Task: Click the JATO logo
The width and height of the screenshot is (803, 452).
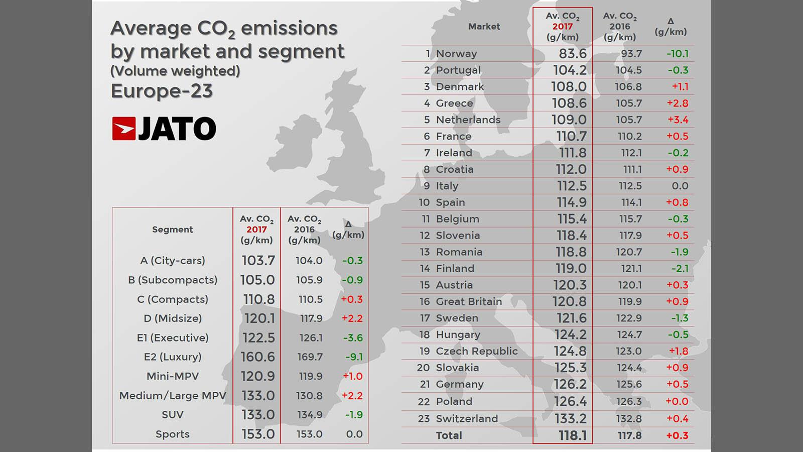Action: [x=164, y=129]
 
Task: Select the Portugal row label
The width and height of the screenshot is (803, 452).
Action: [x=458, y=70]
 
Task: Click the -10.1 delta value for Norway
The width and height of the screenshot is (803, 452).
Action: [x=677, y=53]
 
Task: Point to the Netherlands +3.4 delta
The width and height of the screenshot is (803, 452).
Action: [x=677, y=120]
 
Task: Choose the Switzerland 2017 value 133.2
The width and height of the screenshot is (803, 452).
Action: [x=570, y=418]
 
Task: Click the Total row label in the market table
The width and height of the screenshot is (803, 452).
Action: [x=449, y=435]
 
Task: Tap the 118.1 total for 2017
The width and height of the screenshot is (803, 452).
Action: [x=573, y=435]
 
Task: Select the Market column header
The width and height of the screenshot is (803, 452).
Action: [x=484, y=27]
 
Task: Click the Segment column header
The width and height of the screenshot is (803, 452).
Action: [x=172, y=230]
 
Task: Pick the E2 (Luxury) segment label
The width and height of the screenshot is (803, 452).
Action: [x=172, y=357]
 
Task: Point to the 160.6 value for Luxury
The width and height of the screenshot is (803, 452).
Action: [x=258, y=357]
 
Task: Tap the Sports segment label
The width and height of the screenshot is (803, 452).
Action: [x=172, y=434]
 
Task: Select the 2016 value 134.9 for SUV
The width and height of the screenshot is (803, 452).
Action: [x=309, y=415]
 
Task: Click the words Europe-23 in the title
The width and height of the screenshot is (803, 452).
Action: [x=162, y=91]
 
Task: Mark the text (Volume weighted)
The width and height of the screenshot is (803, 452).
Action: [x=175, y=71]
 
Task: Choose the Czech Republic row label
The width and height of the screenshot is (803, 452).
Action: [x=476, y=351]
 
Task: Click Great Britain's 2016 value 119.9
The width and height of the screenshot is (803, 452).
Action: [x=629, y=301]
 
